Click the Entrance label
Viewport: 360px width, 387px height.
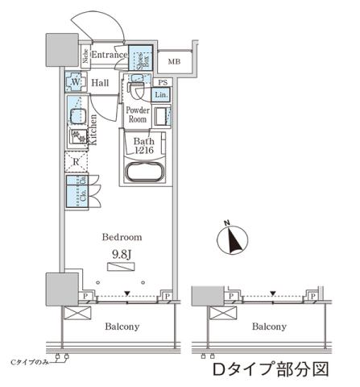(x=106, y=54)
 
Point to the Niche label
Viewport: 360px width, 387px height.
(x=85, y=56)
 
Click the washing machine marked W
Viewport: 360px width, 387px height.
(x=75, y=82)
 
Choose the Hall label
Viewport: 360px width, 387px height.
(x=100, y=82)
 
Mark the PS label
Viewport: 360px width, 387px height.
(x=163, y=82)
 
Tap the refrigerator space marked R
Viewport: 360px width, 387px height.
(x=75, y=161)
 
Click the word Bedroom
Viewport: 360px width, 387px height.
(x=121, y=237)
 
